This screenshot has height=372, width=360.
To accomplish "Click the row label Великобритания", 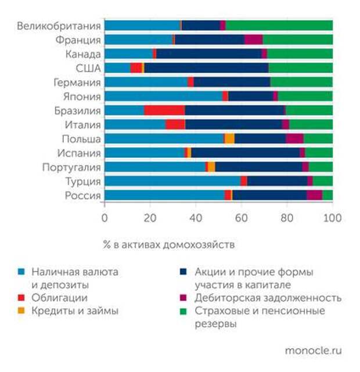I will pyautogui.click(x=59, y=26).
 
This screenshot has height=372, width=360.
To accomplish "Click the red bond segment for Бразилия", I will pyautogui.click(x=164, y=111).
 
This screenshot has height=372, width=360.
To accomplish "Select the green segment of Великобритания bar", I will pyautogui.click(x=279, y=26).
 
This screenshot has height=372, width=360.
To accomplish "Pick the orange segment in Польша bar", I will pyautogui.click(x=230, y=139).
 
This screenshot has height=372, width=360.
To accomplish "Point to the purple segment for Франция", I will pyautogui.click(x=253, y=40).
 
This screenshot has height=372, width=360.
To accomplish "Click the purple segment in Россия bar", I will pyautogui.click(x=314, y=196).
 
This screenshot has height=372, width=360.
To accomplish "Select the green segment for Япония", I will pyautogui.click(x=305, y=96).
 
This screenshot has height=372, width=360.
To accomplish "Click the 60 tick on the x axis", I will pyautogui.click(x=242, y=218).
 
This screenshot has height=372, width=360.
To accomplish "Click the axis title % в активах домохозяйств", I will pyautogui.click(x=169, y=244).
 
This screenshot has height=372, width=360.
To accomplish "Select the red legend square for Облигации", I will pyautogui.click(x=22, y=298).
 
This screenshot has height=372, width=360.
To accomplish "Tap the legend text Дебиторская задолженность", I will pyautogui.click(x=268, y=298).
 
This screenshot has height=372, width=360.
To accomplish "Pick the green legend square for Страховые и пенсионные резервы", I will pyautogui.click(x=184, y=312).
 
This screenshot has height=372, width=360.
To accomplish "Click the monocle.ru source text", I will pyautogui.click(x=313, y=351).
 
